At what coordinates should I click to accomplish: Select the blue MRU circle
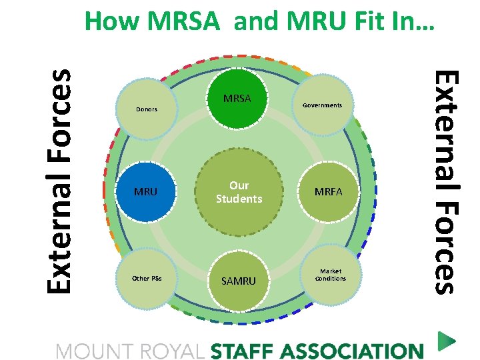pyautogui.click(x=146, y=192)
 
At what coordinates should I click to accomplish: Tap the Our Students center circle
pyautogui.click(x=239, y=192)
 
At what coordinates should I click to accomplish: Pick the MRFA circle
pyautogui.click(x=328, y=192)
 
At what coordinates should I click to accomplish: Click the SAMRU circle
pyautogui.click(x=239, y=281)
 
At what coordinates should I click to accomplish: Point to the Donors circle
pyautogui.click(x=147, y=109)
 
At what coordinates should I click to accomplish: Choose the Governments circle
pyautogui.click(x=322, y=105)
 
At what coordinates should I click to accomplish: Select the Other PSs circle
pyautogui.click(x=147, y=278)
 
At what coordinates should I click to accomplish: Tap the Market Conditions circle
pyautogui.click(x=331, y=275)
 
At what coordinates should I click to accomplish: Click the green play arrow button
pyautogui.click(x=446, y=342)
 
